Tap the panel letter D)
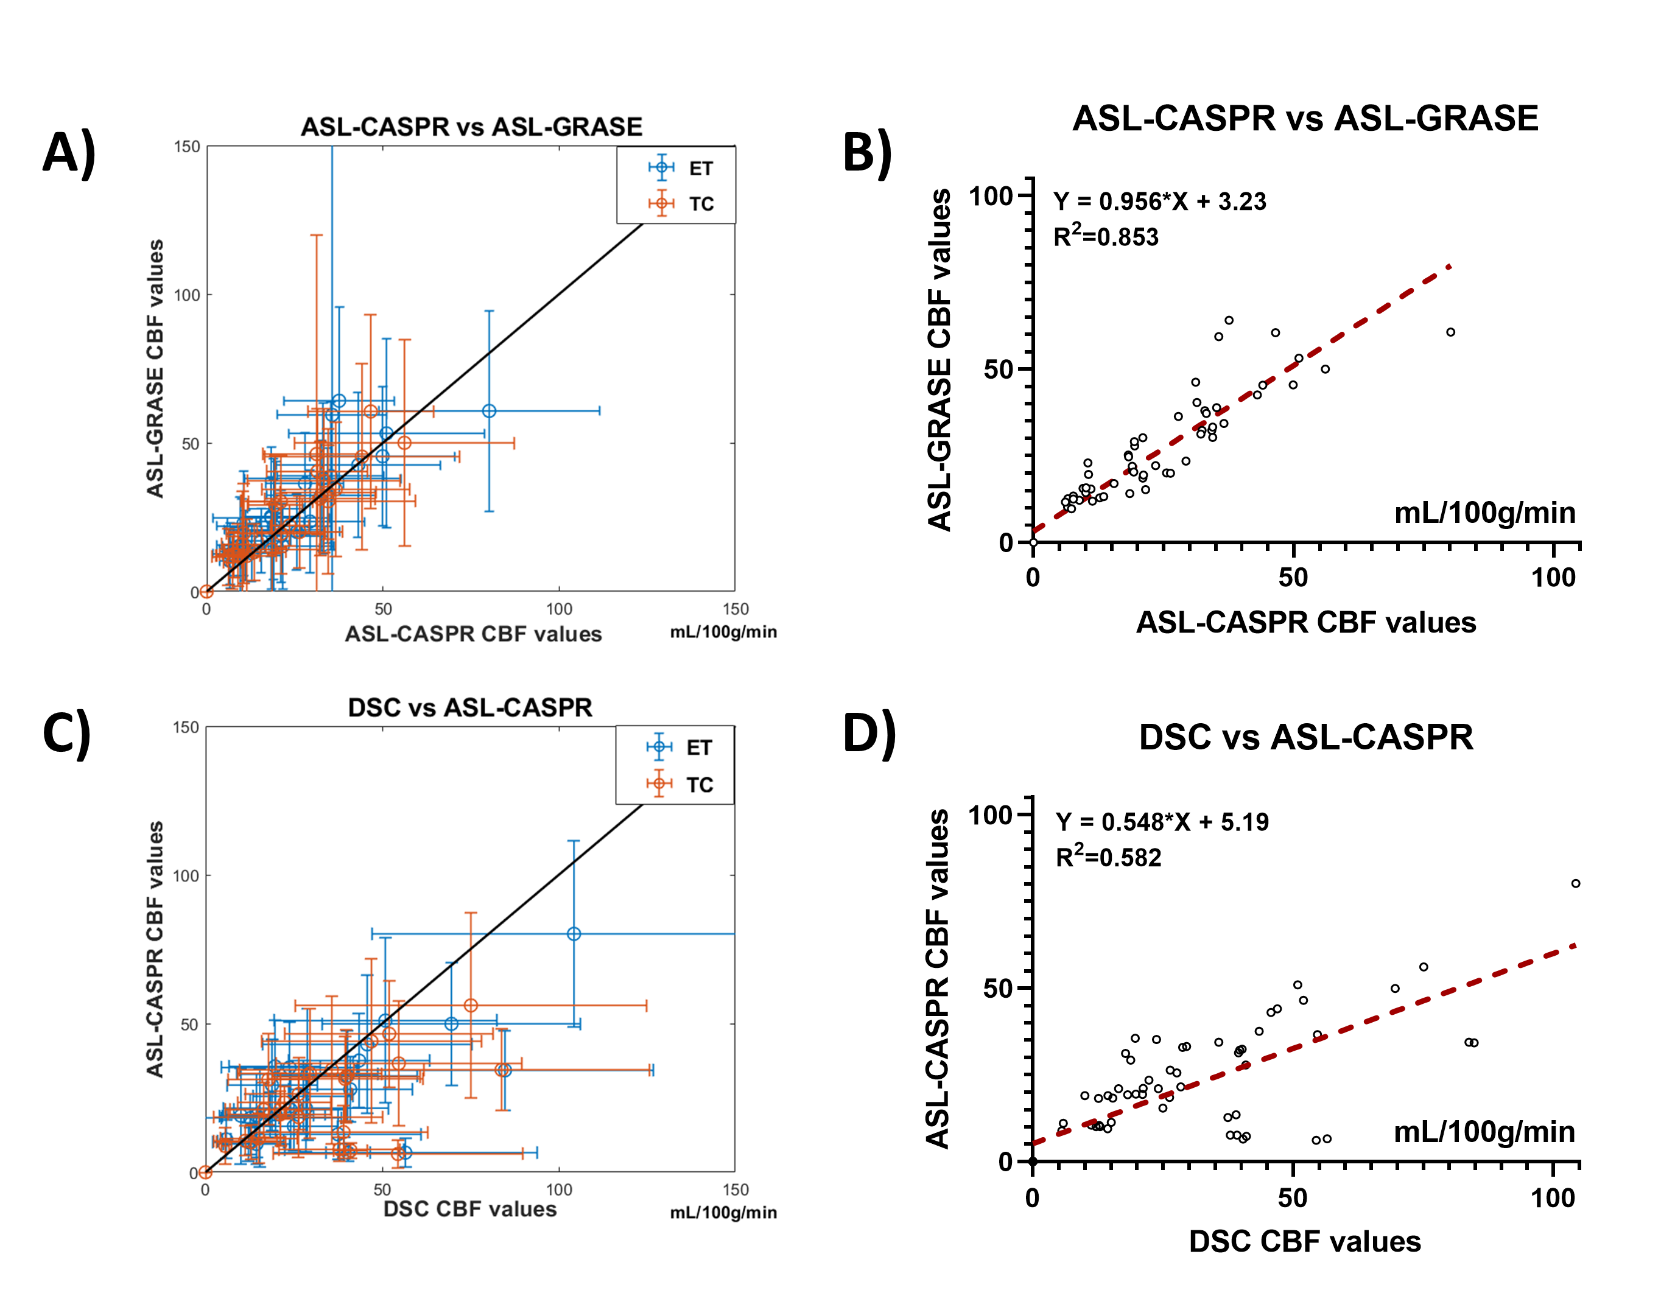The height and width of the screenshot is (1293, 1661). pyautogui.click(x=869, y=734)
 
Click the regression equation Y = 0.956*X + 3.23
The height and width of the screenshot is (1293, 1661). pyautogui.click(x=1159, y=201)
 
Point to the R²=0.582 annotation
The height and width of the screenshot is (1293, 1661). pyautogui.click(x=1108, y=857)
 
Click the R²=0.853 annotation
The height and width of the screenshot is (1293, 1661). pyautogui.click(x=1106, y=237)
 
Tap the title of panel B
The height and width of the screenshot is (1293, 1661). pyautogui.click(x=1305, y=119)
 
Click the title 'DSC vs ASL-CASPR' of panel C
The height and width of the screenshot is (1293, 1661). pyautogui.click(x=470, y=707)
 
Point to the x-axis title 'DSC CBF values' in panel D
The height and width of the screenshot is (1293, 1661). pyautogui.click(x=1304, y=1241)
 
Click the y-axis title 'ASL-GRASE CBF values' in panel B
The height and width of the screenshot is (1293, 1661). pyautogui.click(x=940, y=359)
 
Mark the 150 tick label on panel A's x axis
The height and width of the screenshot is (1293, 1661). pyautogui.click(x=736, y=609)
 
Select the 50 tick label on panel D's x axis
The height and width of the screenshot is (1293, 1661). pyautogui.click(x=1292, y=1199)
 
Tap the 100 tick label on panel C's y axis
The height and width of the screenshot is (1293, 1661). pyautogui.click(x=186, y=875)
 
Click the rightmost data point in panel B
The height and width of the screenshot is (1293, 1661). pyautogui.click(x=1450, y=332)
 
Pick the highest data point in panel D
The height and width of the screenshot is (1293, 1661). pyautogui.click(x=1576, y=884)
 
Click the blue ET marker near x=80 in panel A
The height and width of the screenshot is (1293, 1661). pyautogui.click(x=489, y=411)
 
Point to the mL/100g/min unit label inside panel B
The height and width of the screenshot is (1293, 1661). pyautogui.click(x=1484, y=513)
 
